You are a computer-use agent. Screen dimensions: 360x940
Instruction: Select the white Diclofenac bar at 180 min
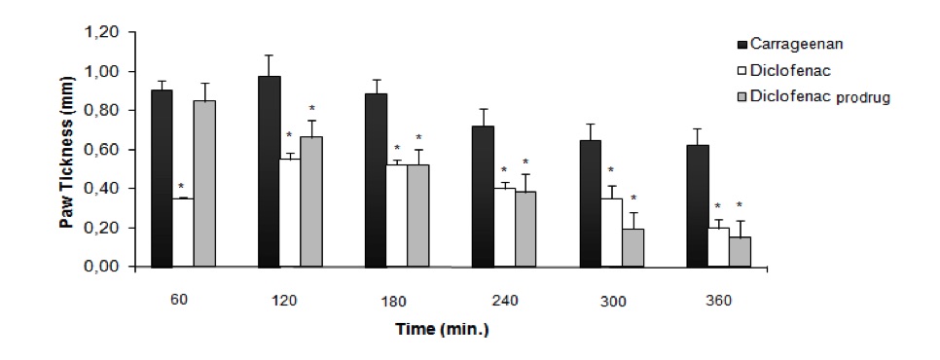coord(396,215)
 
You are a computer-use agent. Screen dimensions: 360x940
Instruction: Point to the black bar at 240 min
coord(481,196)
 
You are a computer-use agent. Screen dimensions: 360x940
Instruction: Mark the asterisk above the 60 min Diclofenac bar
coord(181,187)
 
